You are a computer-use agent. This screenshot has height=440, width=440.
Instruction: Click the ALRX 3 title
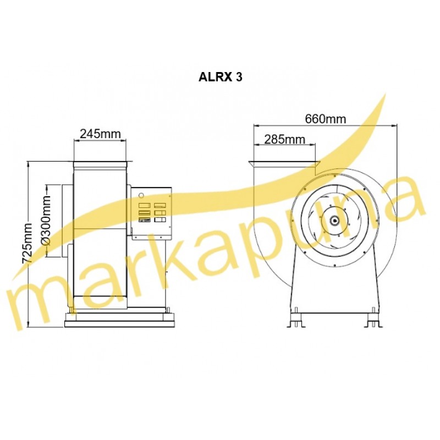(x=220, y=77)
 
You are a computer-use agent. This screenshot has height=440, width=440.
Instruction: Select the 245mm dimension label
(x=100, y=134)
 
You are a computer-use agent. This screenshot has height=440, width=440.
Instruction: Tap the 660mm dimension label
(x=326, y=119)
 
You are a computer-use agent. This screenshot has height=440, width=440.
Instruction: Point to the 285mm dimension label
(x=284, y=139)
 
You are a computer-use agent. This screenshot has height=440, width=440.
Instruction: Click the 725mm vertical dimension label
(x=28, y=243)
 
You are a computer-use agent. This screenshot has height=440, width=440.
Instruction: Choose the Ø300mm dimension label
(x=46, y=221)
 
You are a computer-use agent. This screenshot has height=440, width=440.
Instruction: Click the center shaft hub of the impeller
(x=335, y=221)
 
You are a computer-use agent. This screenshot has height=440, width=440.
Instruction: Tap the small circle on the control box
(x=141, y=195)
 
